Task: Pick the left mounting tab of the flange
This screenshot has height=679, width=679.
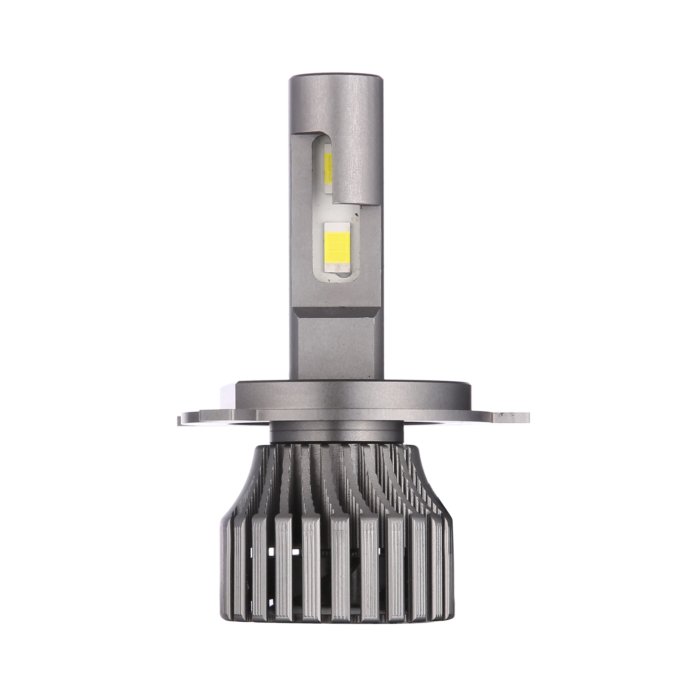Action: (190, 419)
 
